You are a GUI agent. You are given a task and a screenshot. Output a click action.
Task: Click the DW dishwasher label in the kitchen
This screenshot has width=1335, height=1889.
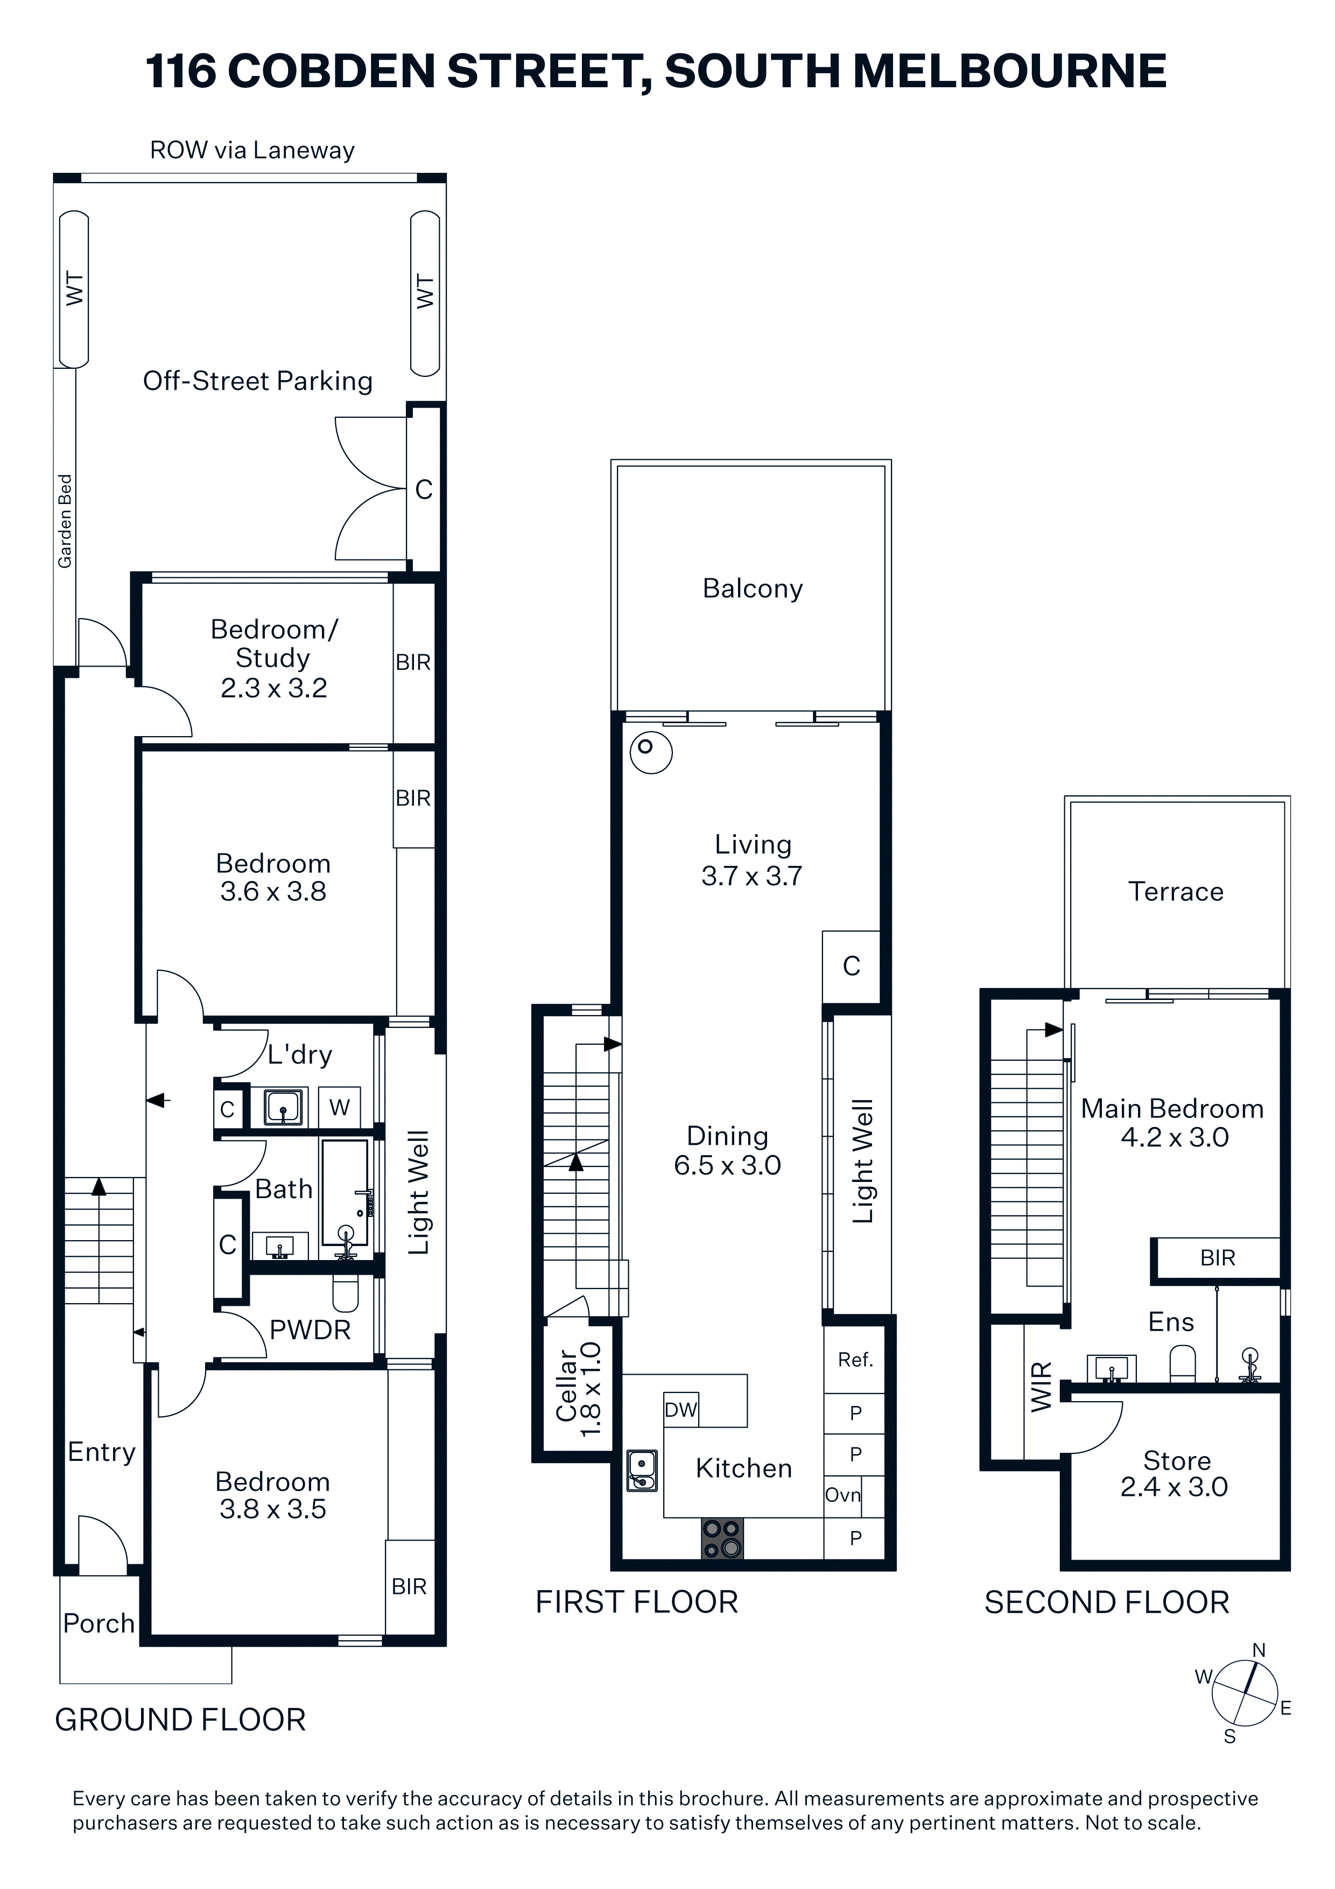[680, 1410]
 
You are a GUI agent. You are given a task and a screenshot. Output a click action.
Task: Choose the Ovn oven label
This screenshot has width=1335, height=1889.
[843, 1495]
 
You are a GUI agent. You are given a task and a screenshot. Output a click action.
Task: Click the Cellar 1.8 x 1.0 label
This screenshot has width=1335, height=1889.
[579, 1390]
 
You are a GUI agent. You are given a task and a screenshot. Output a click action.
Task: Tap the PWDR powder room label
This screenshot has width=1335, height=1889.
[310, 1331]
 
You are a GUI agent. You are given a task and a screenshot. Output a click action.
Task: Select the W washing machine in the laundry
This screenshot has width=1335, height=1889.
[340, 1108]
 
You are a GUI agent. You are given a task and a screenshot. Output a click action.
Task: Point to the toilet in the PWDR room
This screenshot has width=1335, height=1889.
[346, 1293]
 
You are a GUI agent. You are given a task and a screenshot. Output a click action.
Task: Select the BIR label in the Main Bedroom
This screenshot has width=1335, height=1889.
[1217, 1258]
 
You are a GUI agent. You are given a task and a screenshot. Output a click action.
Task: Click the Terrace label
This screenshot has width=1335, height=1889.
[1176, 891]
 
